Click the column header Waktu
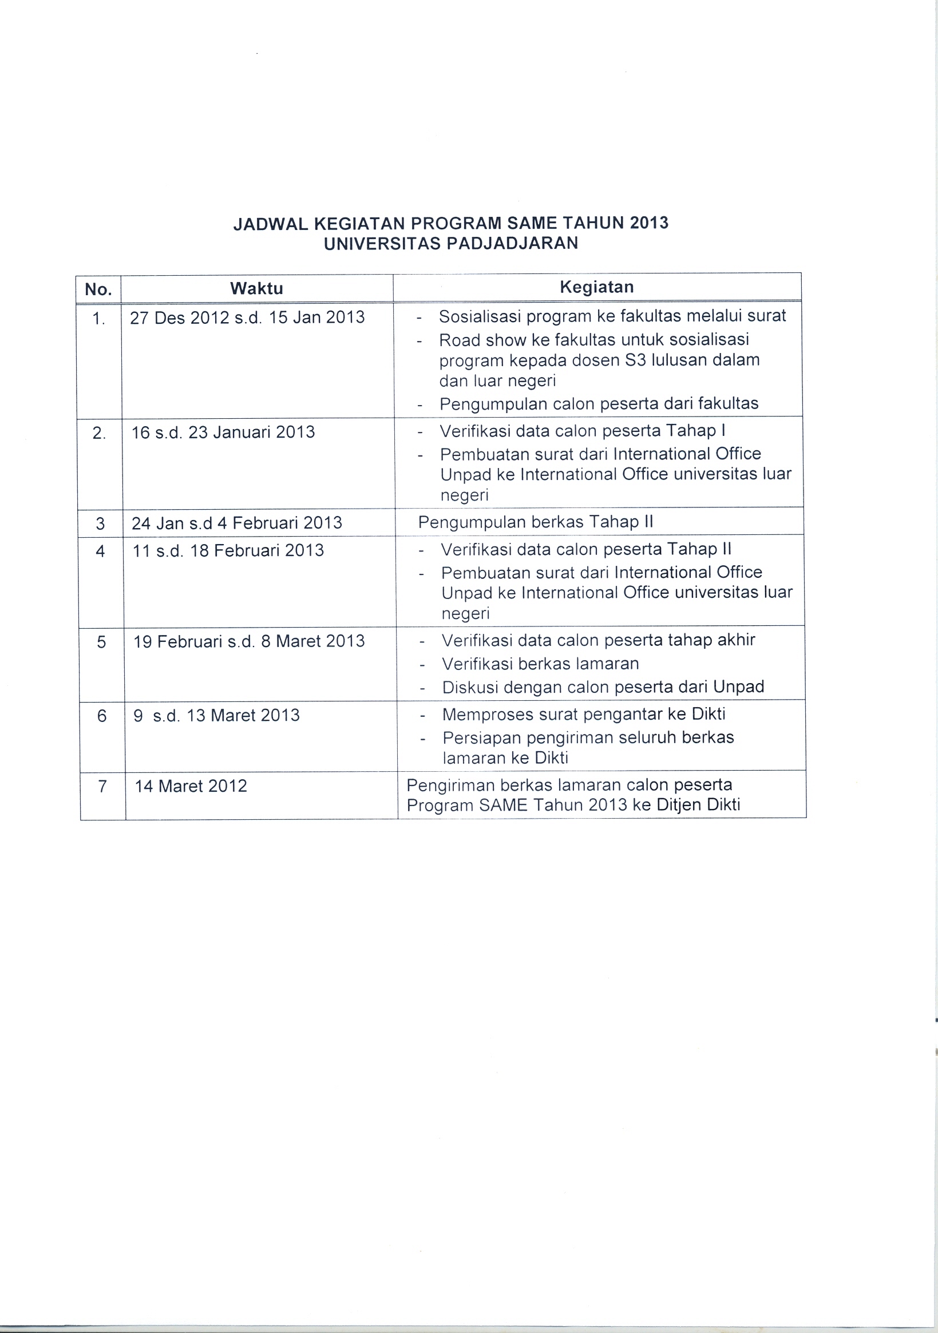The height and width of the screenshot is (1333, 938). pyautogui.click(x=256, y=288)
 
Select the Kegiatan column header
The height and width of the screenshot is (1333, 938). pyautogui.click(x=596, y=287)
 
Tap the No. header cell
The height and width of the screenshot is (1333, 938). pyautogui.click(x=98, y=289)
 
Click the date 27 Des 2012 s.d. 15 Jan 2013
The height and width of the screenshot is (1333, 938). pyautogui.click(x=247, y=317)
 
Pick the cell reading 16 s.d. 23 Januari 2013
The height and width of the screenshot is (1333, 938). pyautogui.click(x=223, y=432)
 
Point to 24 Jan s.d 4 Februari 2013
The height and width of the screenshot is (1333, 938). pyautogui.click(x=236, y=523)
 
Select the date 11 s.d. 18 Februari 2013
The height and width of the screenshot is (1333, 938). pyautogui.click(x=228, y=550)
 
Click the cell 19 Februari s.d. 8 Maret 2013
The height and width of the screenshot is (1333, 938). pyautogui.click(x=249, y=641)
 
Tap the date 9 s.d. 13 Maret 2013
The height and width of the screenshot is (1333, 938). pyautogui.click(x=217, y=715)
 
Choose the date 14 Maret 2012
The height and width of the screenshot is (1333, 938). pyautogui.click(x=191, y=786)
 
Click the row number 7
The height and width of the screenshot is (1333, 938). pyautogui.click(x=103, y=786)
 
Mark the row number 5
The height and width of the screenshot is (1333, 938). pyautogui.click(x=102, y=641)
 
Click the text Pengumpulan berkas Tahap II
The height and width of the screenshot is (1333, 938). pyautogui.click(x=536, y=522)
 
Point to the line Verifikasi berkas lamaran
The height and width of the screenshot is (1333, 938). pyautogui.click(x=540, y=664)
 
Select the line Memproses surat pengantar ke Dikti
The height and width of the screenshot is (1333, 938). pyautogui.click(x=584, y=714)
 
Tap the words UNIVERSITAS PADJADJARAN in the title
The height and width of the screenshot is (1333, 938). pyautogui.click(x=451, y=243)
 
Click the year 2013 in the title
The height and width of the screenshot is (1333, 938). pyautogui.click(x=649, y=223)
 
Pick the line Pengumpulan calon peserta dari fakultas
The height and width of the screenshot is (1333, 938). pyautogui.click(x=599, y=403)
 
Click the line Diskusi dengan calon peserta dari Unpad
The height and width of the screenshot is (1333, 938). pyautogui.click(x=603, y=688)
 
